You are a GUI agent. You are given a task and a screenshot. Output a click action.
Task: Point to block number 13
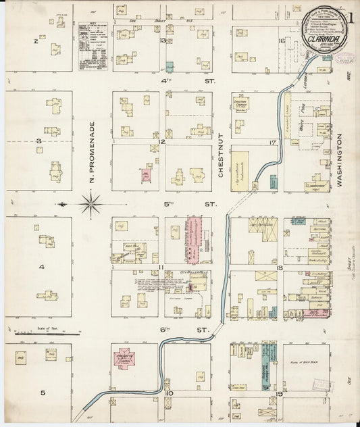pyautogui.click(x=163, y=41)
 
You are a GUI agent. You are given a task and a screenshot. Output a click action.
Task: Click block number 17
pyautogui.click(x=273, y=143)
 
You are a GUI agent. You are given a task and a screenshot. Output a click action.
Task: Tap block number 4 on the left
pyautogui.click(x=41, y=268)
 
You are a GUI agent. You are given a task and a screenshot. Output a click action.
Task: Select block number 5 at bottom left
pyautogui.click(x=42, y=393)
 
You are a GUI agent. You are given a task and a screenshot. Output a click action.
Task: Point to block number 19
pyautogui.click(x=279, y=392)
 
